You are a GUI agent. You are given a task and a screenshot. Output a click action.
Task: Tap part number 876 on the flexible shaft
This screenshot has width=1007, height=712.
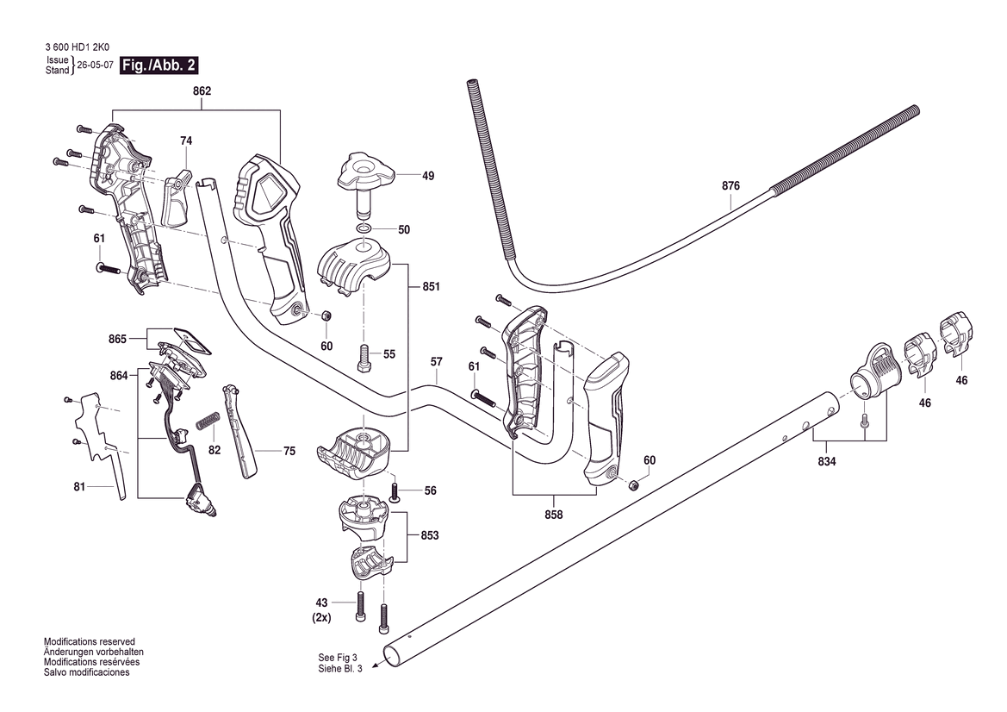tap(730, 185)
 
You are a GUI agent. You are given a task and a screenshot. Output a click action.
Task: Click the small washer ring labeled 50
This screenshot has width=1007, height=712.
tap(364, 229)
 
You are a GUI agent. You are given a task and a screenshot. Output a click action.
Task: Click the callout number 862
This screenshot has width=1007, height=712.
tap(202, 91)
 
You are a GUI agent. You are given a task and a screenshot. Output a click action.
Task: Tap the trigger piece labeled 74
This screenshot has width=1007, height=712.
tap(178, 198)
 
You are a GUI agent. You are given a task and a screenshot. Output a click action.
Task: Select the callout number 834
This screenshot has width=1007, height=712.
tap(827, 461)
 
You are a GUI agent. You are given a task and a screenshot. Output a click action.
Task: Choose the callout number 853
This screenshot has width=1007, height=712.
tap(430, 535)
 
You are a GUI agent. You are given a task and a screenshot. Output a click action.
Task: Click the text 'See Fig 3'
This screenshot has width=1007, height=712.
tap(337, 658)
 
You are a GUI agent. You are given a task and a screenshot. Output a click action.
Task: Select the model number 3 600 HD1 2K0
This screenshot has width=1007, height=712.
tap(78, 47)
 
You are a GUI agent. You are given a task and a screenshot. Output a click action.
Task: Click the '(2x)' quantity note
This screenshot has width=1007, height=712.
tap(322, 617)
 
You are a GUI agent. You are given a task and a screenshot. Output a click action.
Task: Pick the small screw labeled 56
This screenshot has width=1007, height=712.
tap(395, 492)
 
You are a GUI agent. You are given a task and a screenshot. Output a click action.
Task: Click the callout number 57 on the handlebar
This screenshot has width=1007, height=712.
tap(437, 362)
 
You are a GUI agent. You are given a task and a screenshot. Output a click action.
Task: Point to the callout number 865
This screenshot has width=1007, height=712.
tap(117, 339)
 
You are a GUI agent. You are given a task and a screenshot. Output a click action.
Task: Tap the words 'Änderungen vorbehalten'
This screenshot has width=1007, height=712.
tap(90, 652)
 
